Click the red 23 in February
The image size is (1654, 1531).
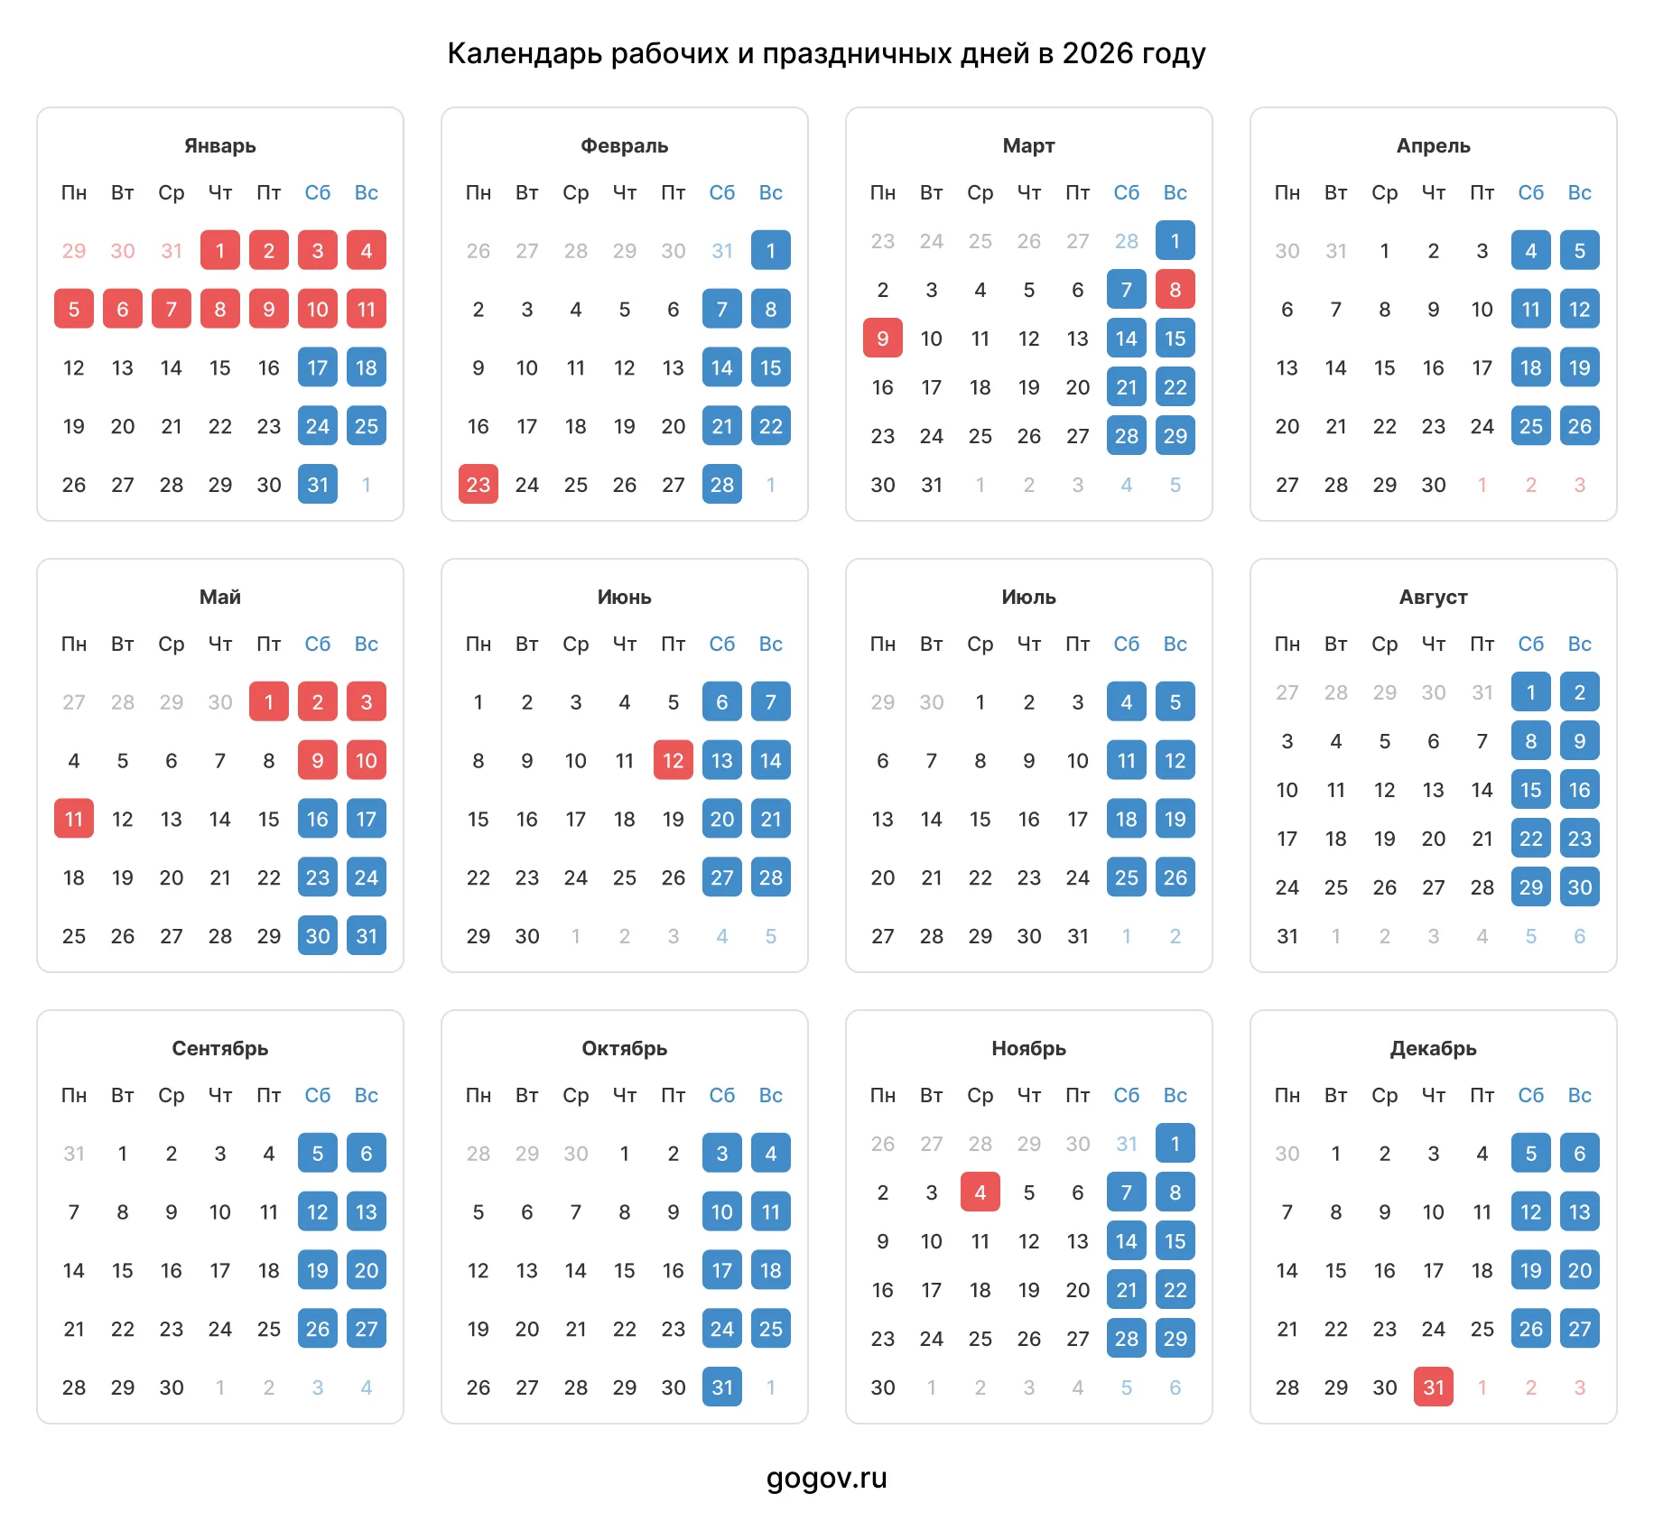tap(479, 484)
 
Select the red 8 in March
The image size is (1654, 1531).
tap(1175, 289)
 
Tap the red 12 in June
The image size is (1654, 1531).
tap(674, 760)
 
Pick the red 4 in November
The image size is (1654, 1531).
tap(980, 1192)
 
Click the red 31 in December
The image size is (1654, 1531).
tap(1434, 1387)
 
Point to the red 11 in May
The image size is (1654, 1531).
tap(74, 818)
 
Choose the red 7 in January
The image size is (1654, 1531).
tap(172, 309)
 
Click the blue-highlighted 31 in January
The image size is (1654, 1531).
tap(318, 484)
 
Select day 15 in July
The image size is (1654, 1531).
tap(980, 819)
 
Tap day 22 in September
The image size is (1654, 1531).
tap(123, 1329)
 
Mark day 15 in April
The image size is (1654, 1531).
tap(1385, 367)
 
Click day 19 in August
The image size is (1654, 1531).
tap(1385, 839)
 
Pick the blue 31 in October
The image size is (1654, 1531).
tap(722, 1387)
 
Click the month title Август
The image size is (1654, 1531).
tap(1434, 597)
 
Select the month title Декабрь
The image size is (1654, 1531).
tap(1434, 1048)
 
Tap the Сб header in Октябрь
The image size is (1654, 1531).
tap(722, 1095)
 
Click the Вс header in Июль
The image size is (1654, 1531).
tap(1175, 644)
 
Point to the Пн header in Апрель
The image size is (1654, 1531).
tap(1287, 192)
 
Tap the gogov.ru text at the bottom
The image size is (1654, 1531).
tap(827, 1479)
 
